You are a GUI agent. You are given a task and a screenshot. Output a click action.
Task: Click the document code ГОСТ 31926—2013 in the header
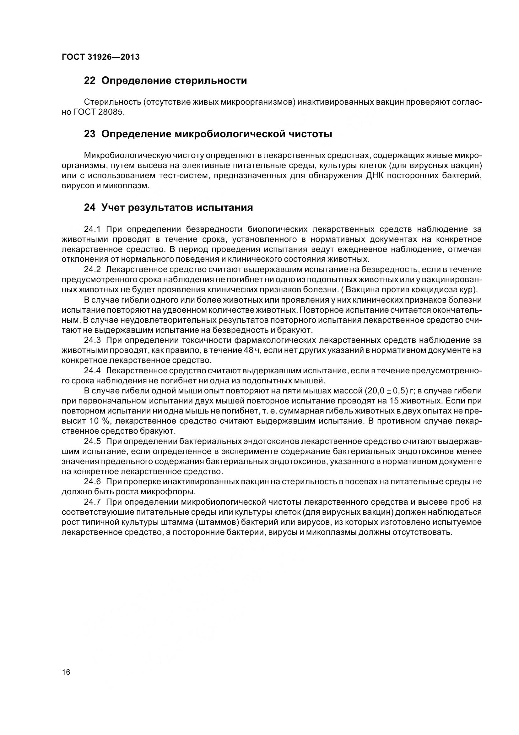[x=100, y=57]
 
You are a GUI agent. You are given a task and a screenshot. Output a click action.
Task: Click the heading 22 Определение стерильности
[x=165, y=81]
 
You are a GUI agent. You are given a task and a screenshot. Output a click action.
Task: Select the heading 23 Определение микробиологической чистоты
[x=208, y=134]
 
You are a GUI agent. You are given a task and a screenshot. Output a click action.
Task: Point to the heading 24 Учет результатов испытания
[x=168, y=208]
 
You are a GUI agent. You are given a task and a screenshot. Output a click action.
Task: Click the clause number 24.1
[x=92, y=229]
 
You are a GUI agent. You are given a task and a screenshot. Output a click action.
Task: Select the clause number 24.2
[x=92, y=270]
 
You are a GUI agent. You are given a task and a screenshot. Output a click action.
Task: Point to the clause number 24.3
[x=92, y=340]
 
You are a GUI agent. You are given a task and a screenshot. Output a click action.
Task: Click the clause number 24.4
[x=92, y=371]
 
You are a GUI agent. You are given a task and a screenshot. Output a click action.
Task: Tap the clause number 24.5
[x=92, y=441]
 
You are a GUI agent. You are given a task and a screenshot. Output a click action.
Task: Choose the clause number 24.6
[x=92, y=481]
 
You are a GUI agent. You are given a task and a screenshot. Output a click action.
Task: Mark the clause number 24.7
[x=92, y=502]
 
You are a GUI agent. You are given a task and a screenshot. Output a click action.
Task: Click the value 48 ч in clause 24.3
[x=251, y=350]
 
